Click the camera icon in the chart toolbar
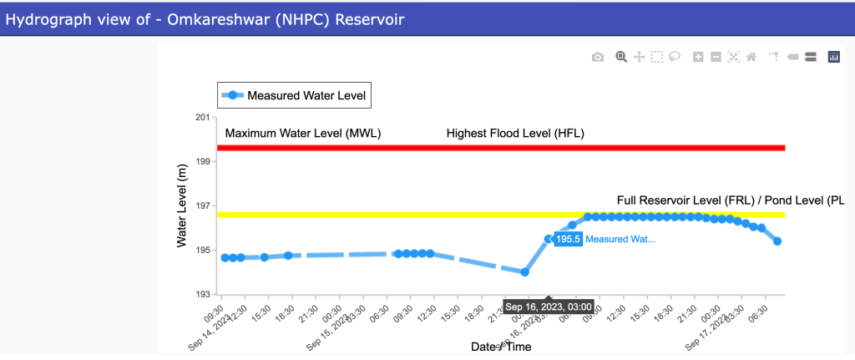pyautogui.click(x=598, y=57)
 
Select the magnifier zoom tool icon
pyautogui.click(x=620, y=57)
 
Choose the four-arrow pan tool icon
pyautogui.click(x=639, y=57)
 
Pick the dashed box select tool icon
pyautogui.click(x=657, y=57)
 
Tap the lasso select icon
pyautogui.click(x=675, y=57)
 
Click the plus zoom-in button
pyautogui.click(x=698, y=57)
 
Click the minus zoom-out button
pyautogui.click(x=716, y=57)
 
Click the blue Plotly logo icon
pyautogui.click(x=833, y=57)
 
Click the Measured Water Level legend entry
pyautogui.click(x=293, y=96)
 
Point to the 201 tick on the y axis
pyautogui.click(x=202, y=118)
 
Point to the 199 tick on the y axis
pyautogui.click(x=202, y=162)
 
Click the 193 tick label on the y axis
pyautogui.click(x=202, y=295)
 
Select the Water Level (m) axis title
pyautogui.click(x=183, y=205)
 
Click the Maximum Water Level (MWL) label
pyautogui.click(x=303, y=133)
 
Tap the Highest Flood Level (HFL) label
pyautogui.click(x=515, y=133)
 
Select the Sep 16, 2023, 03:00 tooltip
pyautogui.click(x=549, y=306)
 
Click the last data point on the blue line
pyautogui.click(x=777, y=241)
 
